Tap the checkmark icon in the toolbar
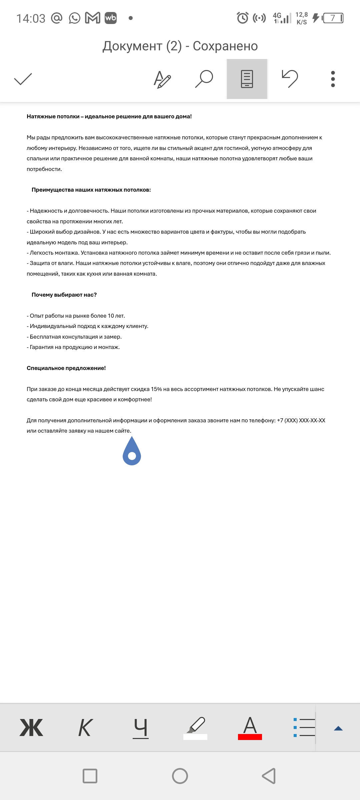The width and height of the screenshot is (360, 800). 23,79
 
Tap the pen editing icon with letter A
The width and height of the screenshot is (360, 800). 162,79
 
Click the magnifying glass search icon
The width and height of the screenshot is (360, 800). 204,79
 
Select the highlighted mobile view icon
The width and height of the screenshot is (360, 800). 247,79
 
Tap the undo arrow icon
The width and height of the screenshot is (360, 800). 290,79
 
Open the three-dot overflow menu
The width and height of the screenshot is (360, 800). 333,79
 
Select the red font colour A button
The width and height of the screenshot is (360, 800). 250,727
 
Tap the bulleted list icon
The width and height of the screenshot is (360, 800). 304,727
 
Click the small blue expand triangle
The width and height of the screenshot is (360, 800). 338,728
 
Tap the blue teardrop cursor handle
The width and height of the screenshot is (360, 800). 132,452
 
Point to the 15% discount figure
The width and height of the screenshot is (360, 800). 156,389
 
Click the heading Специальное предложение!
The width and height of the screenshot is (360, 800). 66,368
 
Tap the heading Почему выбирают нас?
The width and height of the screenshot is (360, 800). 64,295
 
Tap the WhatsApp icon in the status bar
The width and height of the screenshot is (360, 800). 75,18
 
